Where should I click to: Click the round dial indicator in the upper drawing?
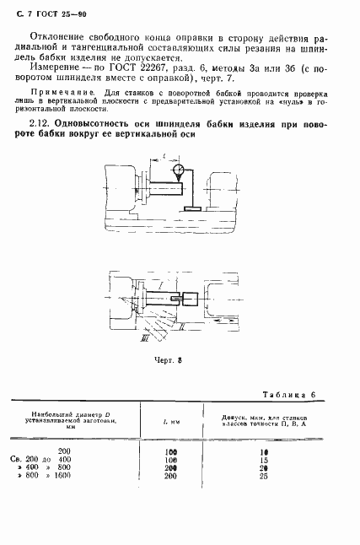[x=179, y=172]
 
